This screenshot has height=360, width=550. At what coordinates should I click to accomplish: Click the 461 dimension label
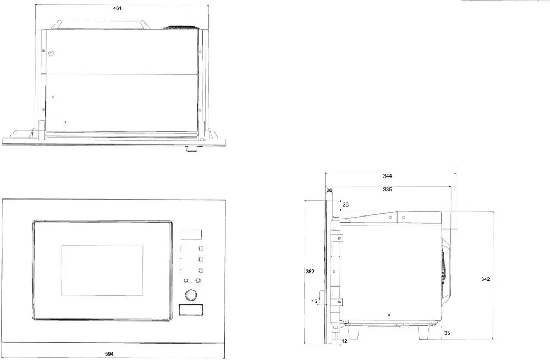117,9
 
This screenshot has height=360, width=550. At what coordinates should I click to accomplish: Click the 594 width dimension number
110,353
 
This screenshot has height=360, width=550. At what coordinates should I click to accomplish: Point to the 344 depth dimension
388,176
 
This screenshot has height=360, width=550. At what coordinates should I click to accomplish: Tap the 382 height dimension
310,271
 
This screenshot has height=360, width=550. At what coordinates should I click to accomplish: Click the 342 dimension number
485,279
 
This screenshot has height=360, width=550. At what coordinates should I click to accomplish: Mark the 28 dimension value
345,204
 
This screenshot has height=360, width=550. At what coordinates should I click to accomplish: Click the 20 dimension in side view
329,190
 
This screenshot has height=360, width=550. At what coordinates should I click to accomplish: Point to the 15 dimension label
315,301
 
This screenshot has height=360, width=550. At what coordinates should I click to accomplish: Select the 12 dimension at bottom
345,341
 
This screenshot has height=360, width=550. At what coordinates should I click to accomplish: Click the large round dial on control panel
191,296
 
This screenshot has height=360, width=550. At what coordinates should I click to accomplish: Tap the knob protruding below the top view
192,148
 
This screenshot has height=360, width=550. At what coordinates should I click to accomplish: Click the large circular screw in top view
51,54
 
